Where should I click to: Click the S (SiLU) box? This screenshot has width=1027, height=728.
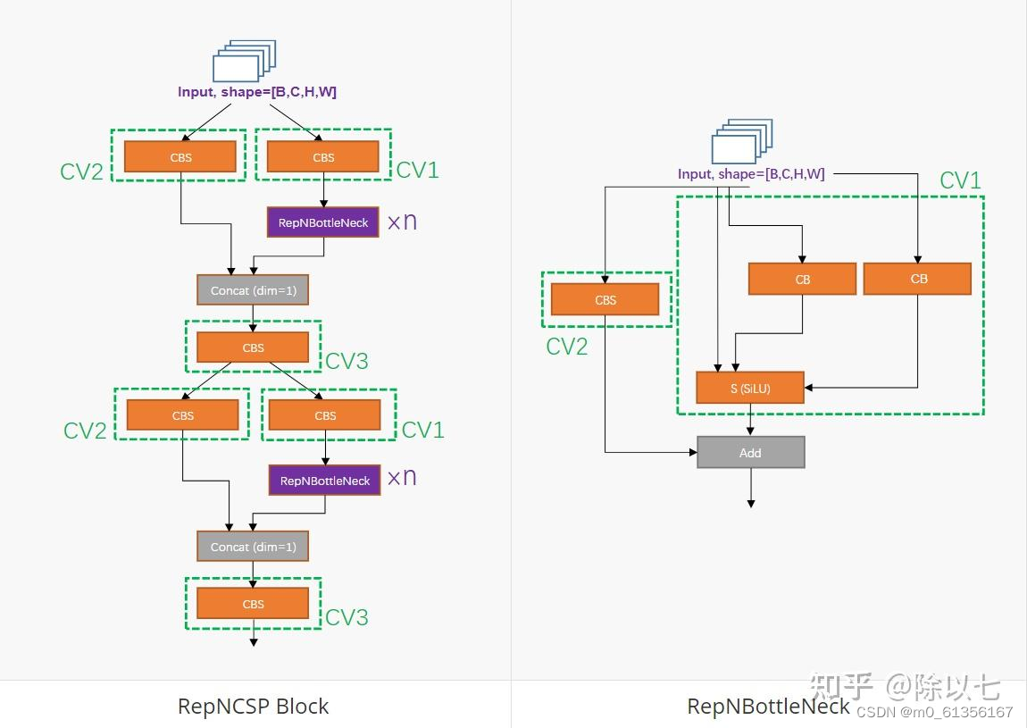pyautogui.click(x=750, y=388)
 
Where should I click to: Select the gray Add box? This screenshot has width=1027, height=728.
pyautogui.click(x=750, y=452)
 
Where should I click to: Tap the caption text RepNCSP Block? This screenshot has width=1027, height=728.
pyautogui.click(x=254, y=707)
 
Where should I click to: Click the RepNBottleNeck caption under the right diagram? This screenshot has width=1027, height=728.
pyautogui.click(x=768, y=707)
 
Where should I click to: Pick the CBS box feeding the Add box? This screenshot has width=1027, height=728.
pyautogui.click(x=605, y=300)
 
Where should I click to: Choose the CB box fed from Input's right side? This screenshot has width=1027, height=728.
pyautogui.click(x=917, y=279)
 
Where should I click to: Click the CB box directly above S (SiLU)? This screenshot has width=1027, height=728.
pyautogui.click(x=802, y=280)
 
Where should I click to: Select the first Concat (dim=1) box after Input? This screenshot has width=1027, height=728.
pyautogui.click(x=253, y=290)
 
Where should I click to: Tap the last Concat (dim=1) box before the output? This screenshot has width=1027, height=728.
pyautogui.click(x=253, y=546)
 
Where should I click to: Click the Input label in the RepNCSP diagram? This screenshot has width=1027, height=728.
pyautogui.click(x=257, y=92)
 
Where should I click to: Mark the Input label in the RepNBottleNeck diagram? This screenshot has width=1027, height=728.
pyautogui.click(x=751, y=174)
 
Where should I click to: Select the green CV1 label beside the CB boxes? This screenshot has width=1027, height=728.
pyautogui.click(x=960, y=180)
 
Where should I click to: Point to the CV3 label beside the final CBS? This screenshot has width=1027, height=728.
pyautogui.click(x=347, y=617)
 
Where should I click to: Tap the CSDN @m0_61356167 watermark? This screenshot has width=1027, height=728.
pyautogui.click(x=934, y=712)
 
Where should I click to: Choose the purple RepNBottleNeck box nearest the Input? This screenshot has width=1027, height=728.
pyautogui.click(x=323, y=222)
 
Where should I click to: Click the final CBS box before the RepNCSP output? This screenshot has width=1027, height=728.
pyautogui.click(x=253, y=604)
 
